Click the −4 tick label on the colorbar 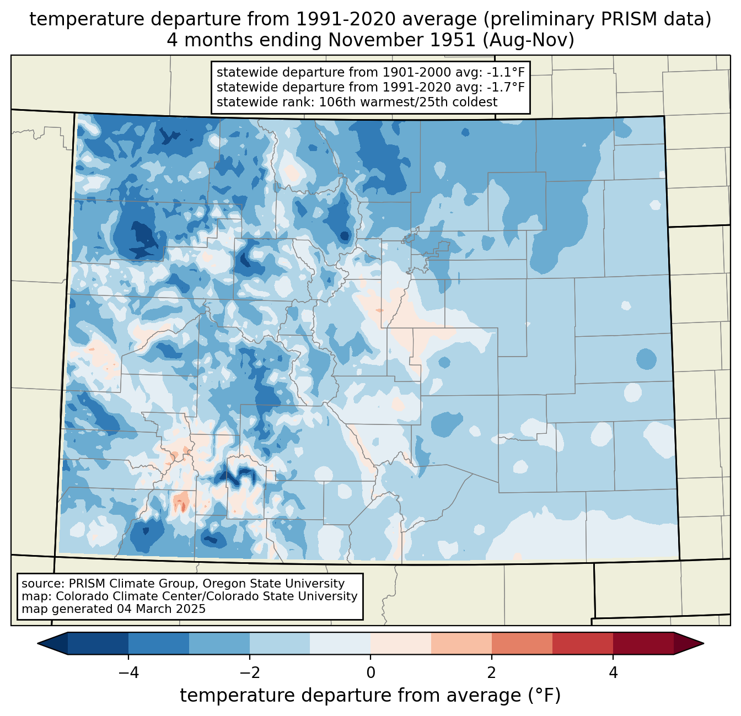coord(128,672)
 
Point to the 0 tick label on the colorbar coord(370,672)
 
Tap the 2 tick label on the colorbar coord(492,672)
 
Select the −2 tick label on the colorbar coord(249,672)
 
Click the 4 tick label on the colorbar coord(613,672)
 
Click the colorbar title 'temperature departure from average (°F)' coord(370,695)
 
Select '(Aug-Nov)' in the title coord(529,40)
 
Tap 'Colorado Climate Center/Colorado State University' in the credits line coord(207,596)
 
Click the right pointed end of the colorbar coord(703,643)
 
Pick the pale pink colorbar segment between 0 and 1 coord(401,643)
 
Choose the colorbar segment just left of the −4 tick coord(98,643)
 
